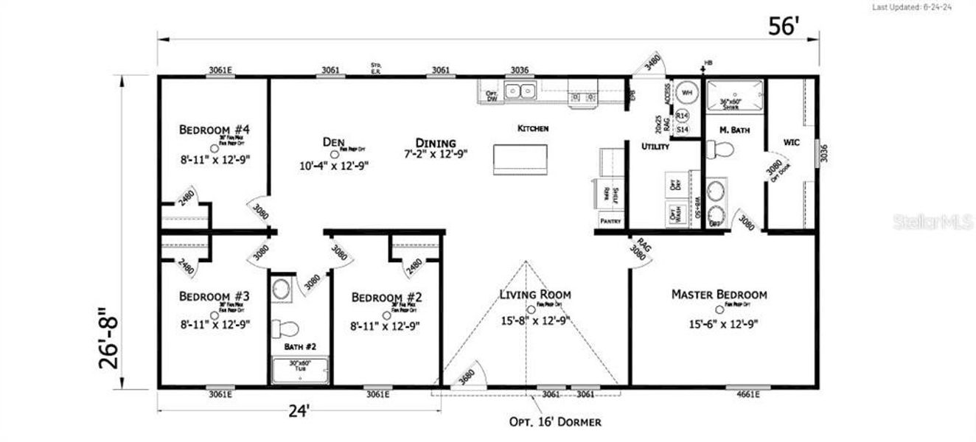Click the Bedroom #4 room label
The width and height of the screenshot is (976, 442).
[x=215, y=130]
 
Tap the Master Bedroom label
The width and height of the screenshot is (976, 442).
[x=719, y=295]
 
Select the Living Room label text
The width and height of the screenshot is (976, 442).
[x=534, y=295]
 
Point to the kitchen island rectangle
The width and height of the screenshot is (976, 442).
[x=520, y=160]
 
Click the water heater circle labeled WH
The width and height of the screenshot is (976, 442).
[x=686, y=93]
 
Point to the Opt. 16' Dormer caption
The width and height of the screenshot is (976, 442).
[x=555, y=422]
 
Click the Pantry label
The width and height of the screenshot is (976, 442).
[x=610, y=221]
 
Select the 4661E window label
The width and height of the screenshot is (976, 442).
[x=748, y=395]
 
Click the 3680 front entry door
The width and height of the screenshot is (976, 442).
[x=466, y=374]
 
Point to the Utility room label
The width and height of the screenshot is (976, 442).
[x=655, y=147]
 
